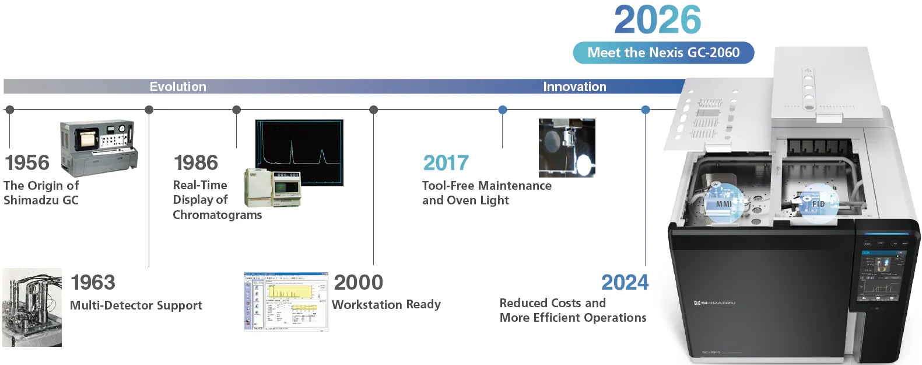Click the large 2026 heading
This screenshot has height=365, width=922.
tap(657, 20)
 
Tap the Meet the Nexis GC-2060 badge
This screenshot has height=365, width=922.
tap(663, 53)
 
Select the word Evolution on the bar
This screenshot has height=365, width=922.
tap(178, 86)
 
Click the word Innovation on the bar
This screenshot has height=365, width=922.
tap(574, 86)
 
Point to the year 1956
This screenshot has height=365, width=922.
tap(27, 162)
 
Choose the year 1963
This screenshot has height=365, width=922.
tap(93, 282)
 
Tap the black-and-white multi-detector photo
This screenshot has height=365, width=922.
tap(32, 307)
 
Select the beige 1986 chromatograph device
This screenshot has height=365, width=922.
tap(272, 187)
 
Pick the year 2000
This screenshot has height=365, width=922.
tap(358, 282)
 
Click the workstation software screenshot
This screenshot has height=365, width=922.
tap(286, 301)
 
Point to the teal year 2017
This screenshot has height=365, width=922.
tap(446, 163)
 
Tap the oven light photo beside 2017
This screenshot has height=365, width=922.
tap(567, 148)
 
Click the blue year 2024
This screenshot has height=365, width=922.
tap(625, 283)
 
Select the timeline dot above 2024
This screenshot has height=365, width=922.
tap(645, 110)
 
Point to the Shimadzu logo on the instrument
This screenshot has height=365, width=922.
tap(714, 303)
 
